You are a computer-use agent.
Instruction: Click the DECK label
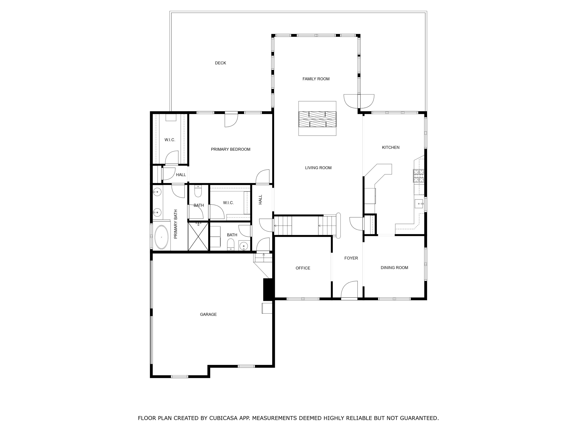220,63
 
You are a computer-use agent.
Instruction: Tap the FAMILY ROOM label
316,79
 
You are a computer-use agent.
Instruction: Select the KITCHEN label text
390,147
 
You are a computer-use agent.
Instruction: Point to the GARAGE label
208,314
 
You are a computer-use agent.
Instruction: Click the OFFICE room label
303,268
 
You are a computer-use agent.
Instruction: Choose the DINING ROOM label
394,267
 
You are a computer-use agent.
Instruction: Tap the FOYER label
351,258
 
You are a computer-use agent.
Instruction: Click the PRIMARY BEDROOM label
231,149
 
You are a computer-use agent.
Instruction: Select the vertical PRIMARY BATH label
176,224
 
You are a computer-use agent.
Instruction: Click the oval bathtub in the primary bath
162,237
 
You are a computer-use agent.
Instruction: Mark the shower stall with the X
198,237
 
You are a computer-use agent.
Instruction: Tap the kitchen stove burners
418,176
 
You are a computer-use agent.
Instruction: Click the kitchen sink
419,204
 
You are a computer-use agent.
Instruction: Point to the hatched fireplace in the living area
317,119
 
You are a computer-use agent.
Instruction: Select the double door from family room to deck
359,101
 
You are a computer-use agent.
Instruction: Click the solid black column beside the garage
268,290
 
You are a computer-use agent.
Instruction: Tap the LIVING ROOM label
318,168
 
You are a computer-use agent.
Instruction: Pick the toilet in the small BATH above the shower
198,191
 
